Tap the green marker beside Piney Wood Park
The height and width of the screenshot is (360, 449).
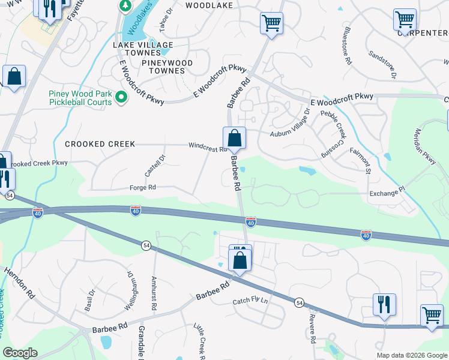pos(121,97)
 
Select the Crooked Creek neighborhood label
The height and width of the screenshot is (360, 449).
pos(100,144)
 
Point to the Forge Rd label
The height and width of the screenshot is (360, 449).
pos(143,188)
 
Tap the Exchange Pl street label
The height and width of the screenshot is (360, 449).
pos(387,193)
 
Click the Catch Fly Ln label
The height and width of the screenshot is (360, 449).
pos(250,301)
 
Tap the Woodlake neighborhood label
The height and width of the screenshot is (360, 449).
pos(208,5)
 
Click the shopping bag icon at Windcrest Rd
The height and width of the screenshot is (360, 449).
pos(234,139)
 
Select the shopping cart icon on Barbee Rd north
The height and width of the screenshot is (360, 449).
pos(271,24)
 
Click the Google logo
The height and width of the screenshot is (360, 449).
pos(20,353)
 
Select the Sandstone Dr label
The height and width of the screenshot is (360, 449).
pos(383,65)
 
